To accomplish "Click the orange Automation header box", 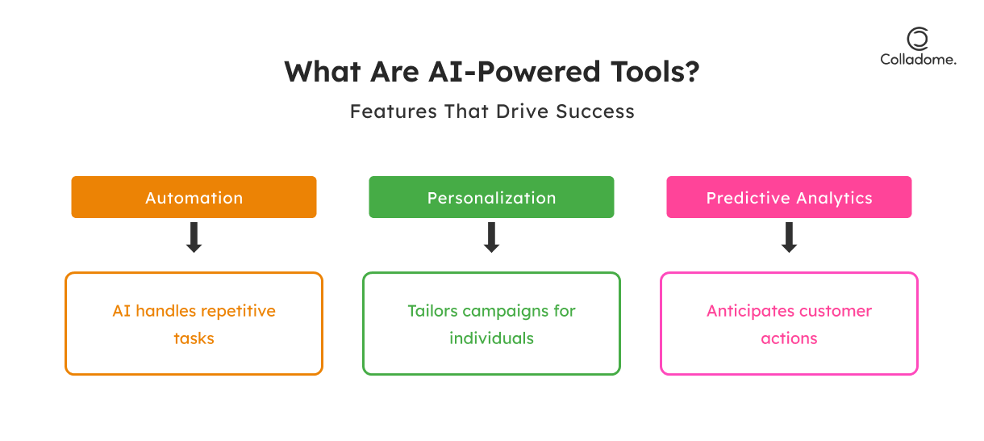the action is pyautogui.click(x=194, y=197).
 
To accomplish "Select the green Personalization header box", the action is pyautogui.click(x=491, y=197).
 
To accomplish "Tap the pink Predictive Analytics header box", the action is pyautogui.click(x=789, y=197).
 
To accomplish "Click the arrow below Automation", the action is pyautogui.click(x=194, y=237).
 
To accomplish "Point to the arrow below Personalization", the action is pyautogui.click(x=491, y=237).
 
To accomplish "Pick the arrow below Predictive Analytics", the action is pyautogui.click(x=789, y=237).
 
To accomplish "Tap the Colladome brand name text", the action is pyautogui.click(x=918, y=60).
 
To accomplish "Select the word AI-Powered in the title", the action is pyautogui.click(x=515, y=72).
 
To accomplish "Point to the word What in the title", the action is pyautogui.click(x=323, y=72).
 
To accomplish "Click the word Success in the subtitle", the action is pyautogui.click(x=595, y=111).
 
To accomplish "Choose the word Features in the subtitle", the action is pyautogui.click(x=393, y=111).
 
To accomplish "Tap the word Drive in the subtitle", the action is pyautogui.click(x=523, y=111).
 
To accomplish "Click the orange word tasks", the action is pyautogui.click(x=194, y=338).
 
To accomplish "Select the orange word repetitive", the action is pyautogui.click(x=236, y=312).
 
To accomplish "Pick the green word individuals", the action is pyautogui.click(x=491, y=338).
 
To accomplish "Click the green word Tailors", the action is pyautogui.click(x=432, y=311).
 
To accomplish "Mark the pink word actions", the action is pyautogui.click(x=789, y=338).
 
